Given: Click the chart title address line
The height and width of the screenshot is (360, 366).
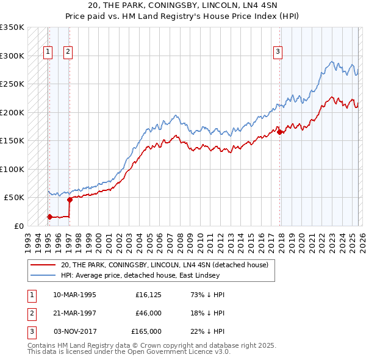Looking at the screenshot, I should pos(182,5).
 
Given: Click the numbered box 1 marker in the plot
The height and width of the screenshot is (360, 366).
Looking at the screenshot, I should pos(48,52).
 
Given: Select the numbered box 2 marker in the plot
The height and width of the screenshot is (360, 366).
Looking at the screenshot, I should pos(68,52).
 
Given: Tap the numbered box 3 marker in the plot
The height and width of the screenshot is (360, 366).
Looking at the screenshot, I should pos(278,52).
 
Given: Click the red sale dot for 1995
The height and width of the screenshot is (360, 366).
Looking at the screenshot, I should pos(49,217).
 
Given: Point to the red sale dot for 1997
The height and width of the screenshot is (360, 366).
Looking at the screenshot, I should pos(70,200).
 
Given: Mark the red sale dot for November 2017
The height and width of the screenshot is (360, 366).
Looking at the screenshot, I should pos(279,132).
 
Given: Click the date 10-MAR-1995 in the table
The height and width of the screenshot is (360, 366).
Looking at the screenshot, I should pos(74,295).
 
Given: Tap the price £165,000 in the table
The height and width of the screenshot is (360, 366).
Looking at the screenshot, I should pos(146,331).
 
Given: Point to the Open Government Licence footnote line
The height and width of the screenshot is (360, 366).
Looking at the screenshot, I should pos(129,352).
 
